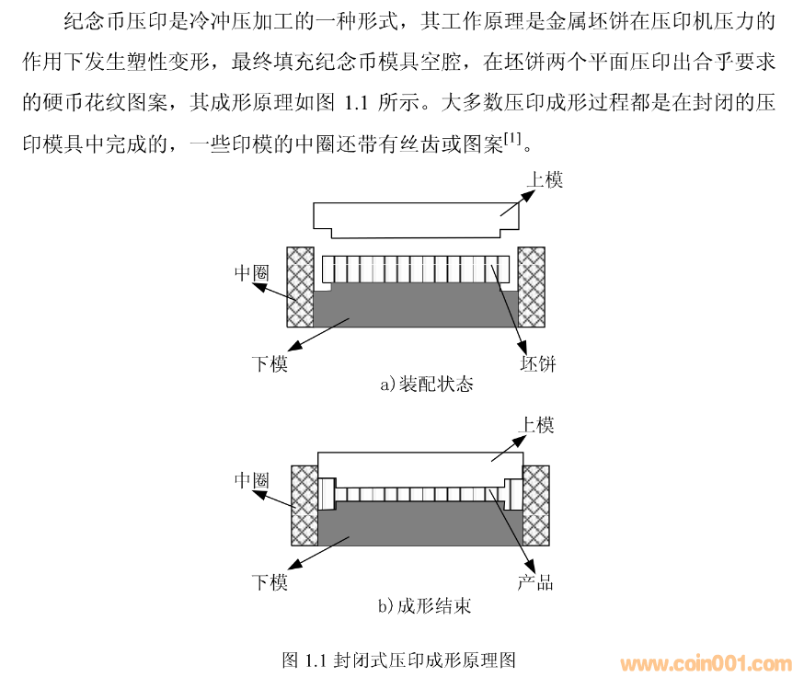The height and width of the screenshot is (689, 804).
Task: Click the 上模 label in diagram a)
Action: tap(545, 180)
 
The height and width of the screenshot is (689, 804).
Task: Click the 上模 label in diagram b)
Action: tap(535, 426)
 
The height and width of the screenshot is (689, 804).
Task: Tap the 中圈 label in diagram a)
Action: tap(252, 272)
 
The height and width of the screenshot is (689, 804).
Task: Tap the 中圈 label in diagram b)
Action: tap(252, 480)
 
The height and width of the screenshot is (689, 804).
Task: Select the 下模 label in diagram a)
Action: tap(270, 363)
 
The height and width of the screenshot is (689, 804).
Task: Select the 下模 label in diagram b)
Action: tap(270, 582)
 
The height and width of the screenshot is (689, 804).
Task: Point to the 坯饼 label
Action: tap(538, 363)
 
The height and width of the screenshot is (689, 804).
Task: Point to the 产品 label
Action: tap(535, 582)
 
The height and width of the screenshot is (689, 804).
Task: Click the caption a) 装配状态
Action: tap(427, 384)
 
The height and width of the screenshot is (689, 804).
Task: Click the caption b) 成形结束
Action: tap(425, 606)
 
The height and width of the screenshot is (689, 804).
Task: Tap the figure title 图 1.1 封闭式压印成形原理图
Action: tap(399, 660)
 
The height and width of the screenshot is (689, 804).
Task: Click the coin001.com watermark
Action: tap(706, 664)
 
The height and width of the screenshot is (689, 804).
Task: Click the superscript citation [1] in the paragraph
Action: tap(512, 138)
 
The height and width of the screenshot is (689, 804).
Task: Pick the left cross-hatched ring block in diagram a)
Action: tap(300, 287)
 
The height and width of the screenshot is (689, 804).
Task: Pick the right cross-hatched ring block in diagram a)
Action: tap(531, 287)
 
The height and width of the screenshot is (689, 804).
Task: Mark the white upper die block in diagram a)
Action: tap(416, 220)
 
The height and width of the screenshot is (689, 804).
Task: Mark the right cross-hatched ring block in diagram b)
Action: tap(536, 505)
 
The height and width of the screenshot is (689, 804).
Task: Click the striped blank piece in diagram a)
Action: tap(416, 270)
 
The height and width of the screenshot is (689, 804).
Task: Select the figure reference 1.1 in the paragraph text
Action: tap(356, 103)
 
